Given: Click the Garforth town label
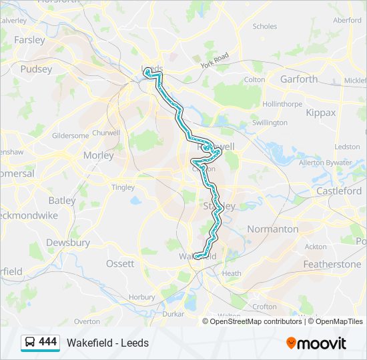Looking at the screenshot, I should [x=299, y=79].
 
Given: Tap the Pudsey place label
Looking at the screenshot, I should [x=36, y=69].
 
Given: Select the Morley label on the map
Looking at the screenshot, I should [x=99, y=155].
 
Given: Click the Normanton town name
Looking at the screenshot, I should [x=273, y=229].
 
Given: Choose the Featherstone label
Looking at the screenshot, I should [x=332, y=264].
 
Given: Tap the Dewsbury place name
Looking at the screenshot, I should [x=68, y=243].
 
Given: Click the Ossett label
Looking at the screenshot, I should [x=120, y=264].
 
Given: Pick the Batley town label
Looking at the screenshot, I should [x=62, y=200].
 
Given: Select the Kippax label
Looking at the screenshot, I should [x=321, y=113].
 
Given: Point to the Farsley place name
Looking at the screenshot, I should [x=29, y=40].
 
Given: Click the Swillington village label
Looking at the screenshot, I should [x=270, y=123].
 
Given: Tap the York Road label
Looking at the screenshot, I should [x=214, y=61].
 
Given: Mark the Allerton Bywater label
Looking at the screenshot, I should [x=326, y=163].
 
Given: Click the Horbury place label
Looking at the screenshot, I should [x=141, y=297].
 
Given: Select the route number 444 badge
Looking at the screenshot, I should [x=47, y=342].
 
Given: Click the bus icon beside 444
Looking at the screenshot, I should [x=30, y=343].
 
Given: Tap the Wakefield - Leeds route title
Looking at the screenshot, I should [x=107, y=343].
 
